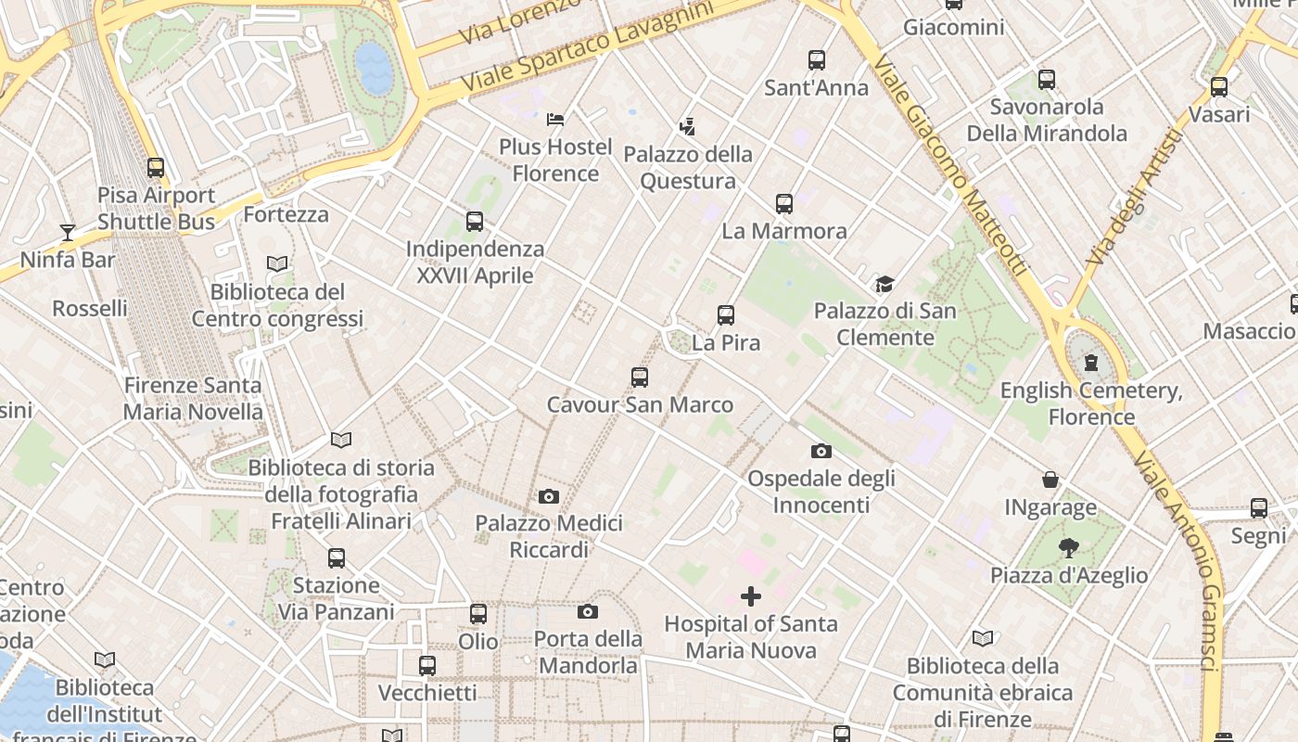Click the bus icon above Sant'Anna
817,60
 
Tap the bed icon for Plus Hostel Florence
555,119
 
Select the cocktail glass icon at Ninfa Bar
68,232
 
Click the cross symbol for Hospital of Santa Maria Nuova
751,596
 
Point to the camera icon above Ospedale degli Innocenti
821,452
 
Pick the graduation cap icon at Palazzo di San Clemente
884,283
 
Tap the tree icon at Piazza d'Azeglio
1069,548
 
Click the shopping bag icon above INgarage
1050,480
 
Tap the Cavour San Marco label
640,404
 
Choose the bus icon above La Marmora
784,204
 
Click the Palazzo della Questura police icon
687,126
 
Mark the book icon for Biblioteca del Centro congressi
277,263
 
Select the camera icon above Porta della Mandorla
587,611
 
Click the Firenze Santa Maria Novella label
193,398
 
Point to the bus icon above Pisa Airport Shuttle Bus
156,168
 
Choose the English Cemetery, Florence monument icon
1091,362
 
